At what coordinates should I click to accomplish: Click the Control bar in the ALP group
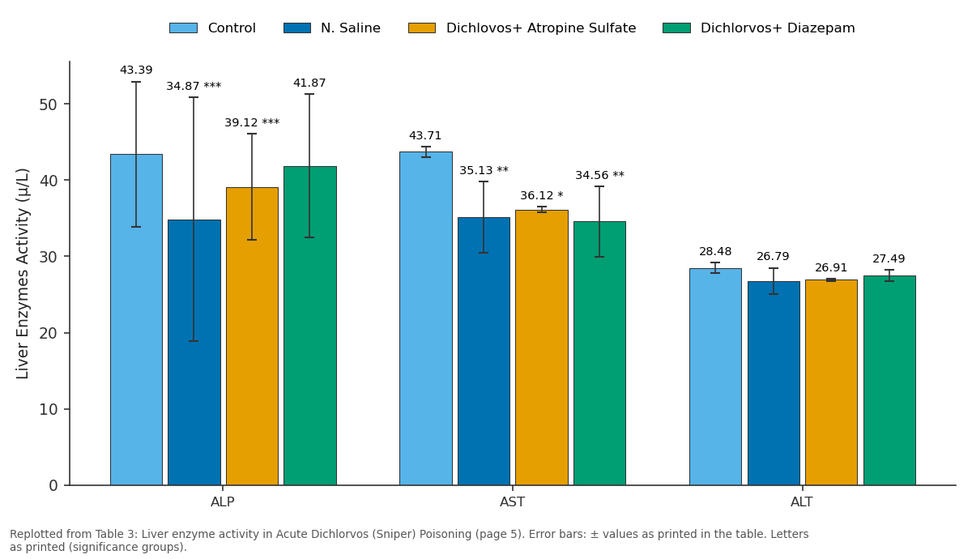tap(136, 319)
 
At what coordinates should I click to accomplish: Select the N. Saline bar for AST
tap(484, 351)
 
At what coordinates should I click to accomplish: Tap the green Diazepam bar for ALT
tap(889, 380)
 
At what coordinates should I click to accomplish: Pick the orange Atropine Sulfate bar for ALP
tap(252, 336)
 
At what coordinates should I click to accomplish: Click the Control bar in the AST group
tap(426, 318)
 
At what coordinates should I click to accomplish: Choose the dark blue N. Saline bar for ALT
tap(774, 383)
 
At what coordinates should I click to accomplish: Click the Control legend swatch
tap(183, 28)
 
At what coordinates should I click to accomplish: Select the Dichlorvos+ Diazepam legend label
tap(778, 28)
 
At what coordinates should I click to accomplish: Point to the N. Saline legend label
tap(351, 28)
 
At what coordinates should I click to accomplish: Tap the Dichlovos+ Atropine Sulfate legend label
tap(541, 28)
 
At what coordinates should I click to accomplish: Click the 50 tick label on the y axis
tap(48, 105)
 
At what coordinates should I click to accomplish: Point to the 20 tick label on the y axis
tap(48, 333)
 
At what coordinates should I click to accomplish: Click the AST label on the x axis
tap(512, 502)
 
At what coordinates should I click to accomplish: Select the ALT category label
tap(801, 502)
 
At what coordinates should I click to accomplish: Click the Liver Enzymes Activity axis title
tap(23, 274)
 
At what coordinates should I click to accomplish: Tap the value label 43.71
tap(425, 136)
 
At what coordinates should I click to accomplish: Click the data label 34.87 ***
tap(194, 86)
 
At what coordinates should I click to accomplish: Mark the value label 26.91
tap(831, 267)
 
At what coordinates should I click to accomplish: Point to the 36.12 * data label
tap(542, 196)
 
